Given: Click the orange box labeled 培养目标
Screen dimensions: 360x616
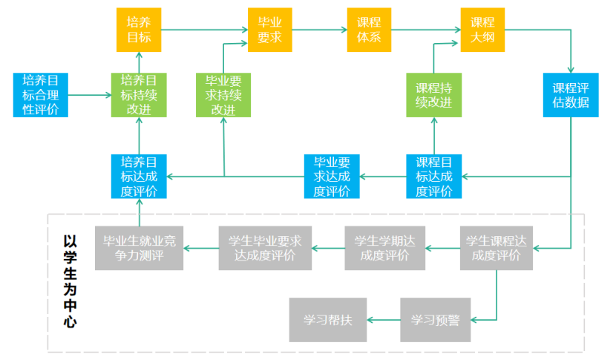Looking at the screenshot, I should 139,30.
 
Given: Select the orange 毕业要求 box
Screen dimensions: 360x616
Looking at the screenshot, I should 269,30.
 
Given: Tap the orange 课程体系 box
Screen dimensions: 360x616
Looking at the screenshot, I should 369,30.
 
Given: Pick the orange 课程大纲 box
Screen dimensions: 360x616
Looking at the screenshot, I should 482,30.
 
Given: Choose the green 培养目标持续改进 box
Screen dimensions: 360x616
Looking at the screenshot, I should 139,95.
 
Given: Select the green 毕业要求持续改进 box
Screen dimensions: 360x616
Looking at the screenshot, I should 223,95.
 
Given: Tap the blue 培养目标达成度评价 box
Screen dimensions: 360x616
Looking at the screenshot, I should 139,177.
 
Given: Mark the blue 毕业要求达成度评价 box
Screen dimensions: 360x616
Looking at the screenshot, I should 332,177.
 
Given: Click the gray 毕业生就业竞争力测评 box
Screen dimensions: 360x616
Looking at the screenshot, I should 139,247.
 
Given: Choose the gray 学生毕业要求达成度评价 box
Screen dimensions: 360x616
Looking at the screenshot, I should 265,247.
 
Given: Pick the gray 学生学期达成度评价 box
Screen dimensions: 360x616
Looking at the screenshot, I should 384,247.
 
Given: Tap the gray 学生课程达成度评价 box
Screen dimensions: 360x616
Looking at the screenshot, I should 496,247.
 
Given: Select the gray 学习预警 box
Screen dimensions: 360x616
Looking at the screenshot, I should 435,320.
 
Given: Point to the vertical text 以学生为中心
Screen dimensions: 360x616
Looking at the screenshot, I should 70,282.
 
